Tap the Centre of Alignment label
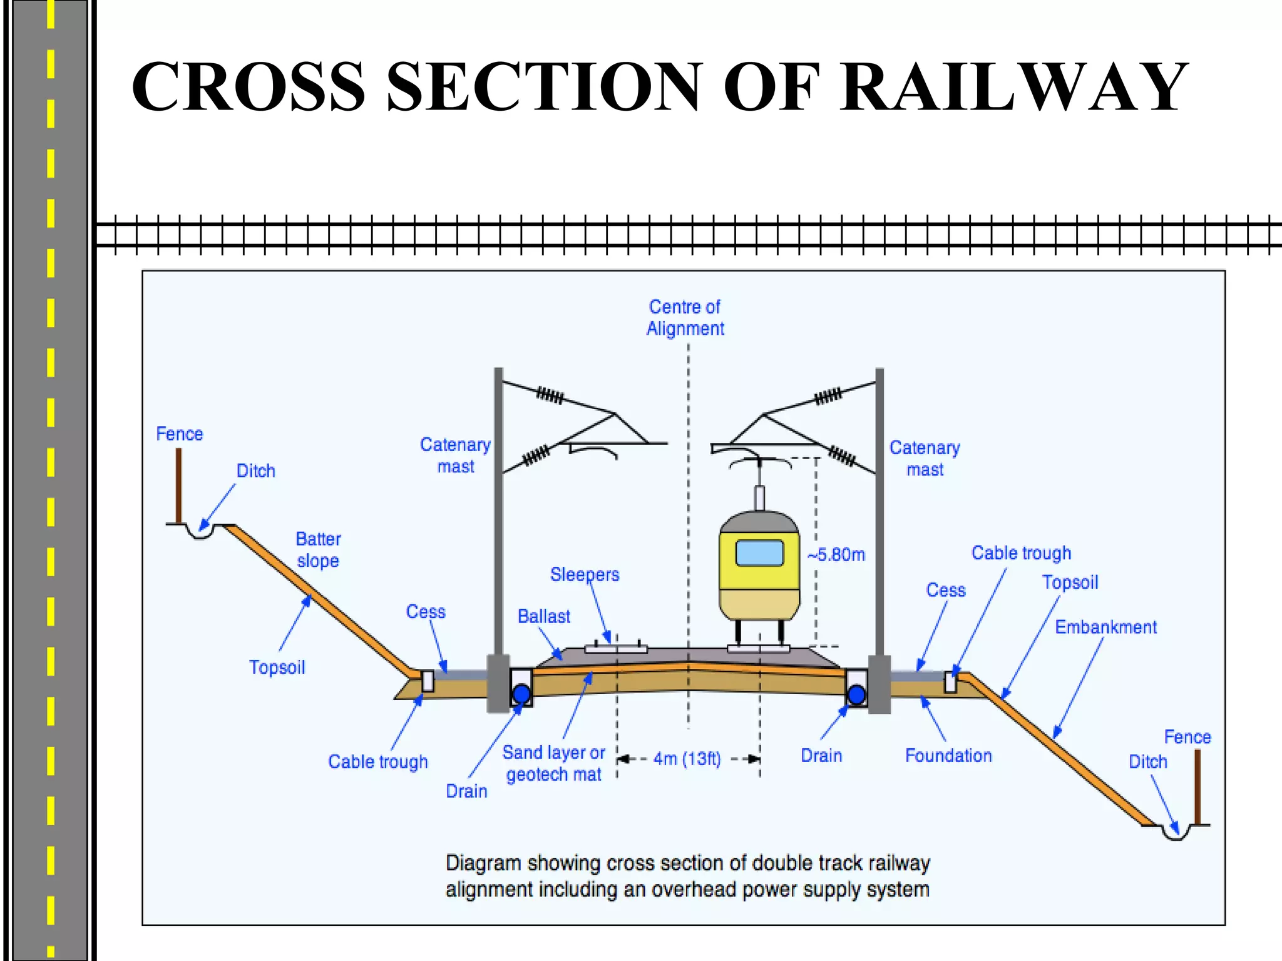coord(685,318)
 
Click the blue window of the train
coord(759,553)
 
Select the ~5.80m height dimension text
coord(836,555)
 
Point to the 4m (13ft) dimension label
coord(687,759)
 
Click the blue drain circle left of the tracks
coord(521,693)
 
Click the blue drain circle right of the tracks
coord(856,694)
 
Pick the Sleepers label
coord(585,574)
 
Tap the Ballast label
coord(543,617)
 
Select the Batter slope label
coord(318,550)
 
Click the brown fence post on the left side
coord(178,486)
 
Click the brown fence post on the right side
coord(1197,786)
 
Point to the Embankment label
coord(1105,628)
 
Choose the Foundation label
coord(948,756)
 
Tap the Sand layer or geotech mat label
coord(553,763)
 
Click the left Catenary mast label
coord(455,455)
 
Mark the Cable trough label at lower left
coord(377,762)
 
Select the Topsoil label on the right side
coord(1070,582)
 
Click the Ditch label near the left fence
coord(255,471)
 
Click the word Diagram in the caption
coord(483,863)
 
